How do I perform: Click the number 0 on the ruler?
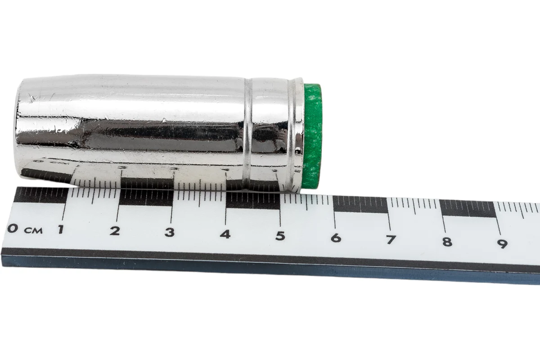(13, 228)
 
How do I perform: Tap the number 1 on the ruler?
(61, 229)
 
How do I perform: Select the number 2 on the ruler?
(115, 231)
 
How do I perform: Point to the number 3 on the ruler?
(170, 233)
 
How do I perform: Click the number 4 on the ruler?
(225, 234)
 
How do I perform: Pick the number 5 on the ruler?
(280, 236)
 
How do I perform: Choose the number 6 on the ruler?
(336, 238)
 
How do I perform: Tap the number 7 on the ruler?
(391, 239)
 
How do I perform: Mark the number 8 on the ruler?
(447, 242)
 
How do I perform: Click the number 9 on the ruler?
(503, 244)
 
